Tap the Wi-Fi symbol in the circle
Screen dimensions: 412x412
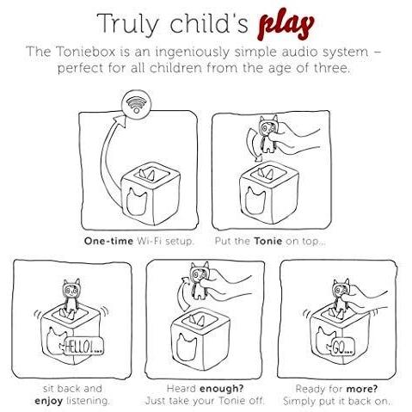pyautogui.click(x=137, y=103)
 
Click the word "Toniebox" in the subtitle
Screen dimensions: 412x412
pyautogui.click(x=85, y=52)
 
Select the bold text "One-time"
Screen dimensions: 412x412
pyautogui.click(x=108, y=241)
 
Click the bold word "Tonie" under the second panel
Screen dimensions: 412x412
pyautogui.click(x=267, y=241)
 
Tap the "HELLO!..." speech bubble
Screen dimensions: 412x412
pyautogui.click(x=83, y=347)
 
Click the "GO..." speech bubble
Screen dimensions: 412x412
pyautogui.click(x=342, y=347)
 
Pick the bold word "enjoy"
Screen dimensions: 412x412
pyautogui.click(x=48, y=401)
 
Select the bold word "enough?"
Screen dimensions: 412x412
pyautogui.click(x=221, y=389)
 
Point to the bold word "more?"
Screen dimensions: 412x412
pyautogui.click(x=362, y=389)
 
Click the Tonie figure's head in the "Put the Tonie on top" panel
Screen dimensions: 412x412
pyautogui.click(x=268, y=125)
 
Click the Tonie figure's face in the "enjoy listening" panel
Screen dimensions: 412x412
pyautogui.click(x=71, y=291)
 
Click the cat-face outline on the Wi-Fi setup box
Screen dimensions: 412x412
pyautogui.click(x=137, y=201)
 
